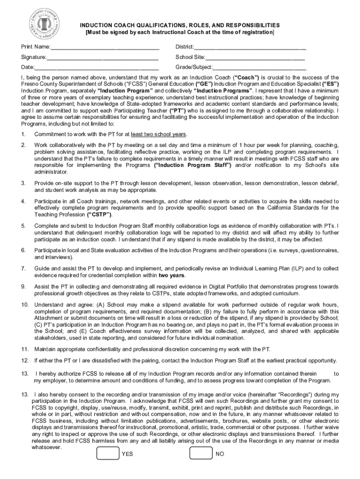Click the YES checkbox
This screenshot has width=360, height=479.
point(107,453)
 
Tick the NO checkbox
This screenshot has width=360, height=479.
point(201,453)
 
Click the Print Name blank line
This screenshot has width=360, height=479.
point(105,49)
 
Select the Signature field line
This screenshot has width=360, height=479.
point(102,59)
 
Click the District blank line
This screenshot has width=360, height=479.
point(250,49)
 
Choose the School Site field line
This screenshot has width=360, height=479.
point(252,59)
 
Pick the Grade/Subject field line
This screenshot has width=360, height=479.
point(259,69)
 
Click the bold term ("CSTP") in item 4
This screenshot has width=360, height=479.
point(99,214)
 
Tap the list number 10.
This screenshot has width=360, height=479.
point(25,305)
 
